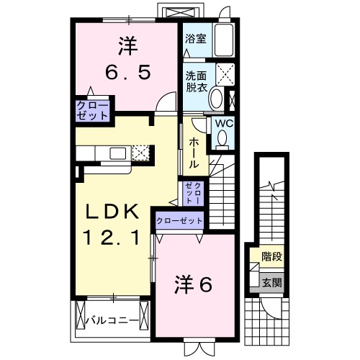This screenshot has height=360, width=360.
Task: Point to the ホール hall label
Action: [194, 153]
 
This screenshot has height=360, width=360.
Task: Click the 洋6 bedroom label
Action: [192, 285]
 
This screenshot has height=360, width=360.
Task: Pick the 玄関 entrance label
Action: [271, 282]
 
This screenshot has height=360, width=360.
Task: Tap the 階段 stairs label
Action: [271, 256]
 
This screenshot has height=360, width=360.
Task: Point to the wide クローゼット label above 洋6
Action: [179, 220]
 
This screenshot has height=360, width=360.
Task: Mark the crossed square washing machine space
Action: [227, 73]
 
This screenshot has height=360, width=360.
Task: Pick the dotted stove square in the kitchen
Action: [142, 152]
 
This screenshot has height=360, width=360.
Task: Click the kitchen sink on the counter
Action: [115, 152]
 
